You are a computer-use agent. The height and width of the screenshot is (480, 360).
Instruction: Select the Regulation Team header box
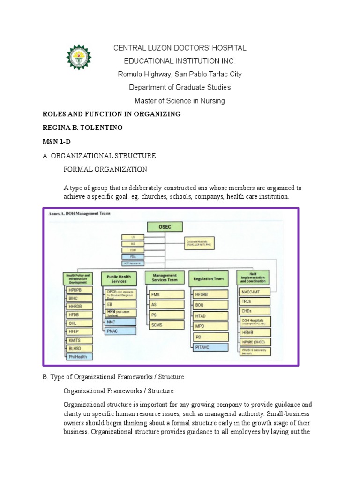206,279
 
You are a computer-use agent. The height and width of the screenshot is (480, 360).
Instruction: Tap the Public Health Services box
119,279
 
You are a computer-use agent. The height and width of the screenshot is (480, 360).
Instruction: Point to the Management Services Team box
162,277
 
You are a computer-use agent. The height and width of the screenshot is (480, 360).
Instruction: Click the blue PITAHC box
210,347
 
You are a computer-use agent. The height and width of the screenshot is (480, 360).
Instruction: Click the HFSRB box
210,294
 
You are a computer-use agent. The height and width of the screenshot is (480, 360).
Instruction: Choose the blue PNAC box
119,330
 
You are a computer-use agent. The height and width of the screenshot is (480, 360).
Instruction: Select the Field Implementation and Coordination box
253,277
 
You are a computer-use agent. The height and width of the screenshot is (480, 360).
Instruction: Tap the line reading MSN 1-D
56,141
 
